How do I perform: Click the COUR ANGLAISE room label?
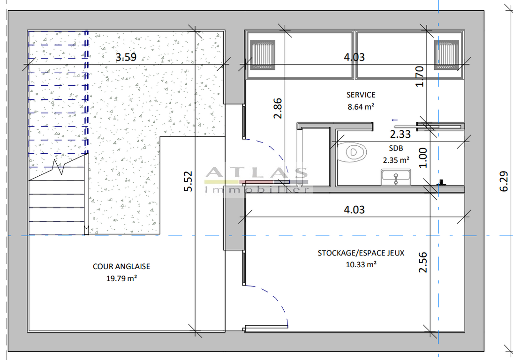tap(121, 267)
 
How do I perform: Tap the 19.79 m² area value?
tap(121, 278)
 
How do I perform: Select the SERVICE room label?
tap(361, 95)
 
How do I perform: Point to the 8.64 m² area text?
tap(361, 106)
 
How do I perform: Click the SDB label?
tap(396, 148)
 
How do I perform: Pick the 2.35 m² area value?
tap(396, 160)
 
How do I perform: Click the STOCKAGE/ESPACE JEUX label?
tap(361, 253)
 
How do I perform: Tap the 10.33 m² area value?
tap(361, 264)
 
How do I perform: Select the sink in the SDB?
tap(396, 177)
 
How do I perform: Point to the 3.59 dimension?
tap(126, 57)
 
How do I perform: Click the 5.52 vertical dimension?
tap(188, 181)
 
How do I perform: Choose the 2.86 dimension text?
tap(278, 108)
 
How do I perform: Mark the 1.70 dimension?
tap(419, 76)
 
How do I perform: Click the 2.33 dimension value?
tap(400, 134)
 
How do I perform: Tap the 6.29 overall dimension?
tap(504, 181)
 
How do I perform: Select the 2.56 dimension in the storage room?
tap(422, 262)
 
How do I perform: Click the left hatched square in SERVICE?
tap(263, 54)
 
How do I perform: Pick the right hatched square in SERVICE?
tap(446, 54)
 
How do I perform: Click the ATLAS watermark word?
tap(257, 172)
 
